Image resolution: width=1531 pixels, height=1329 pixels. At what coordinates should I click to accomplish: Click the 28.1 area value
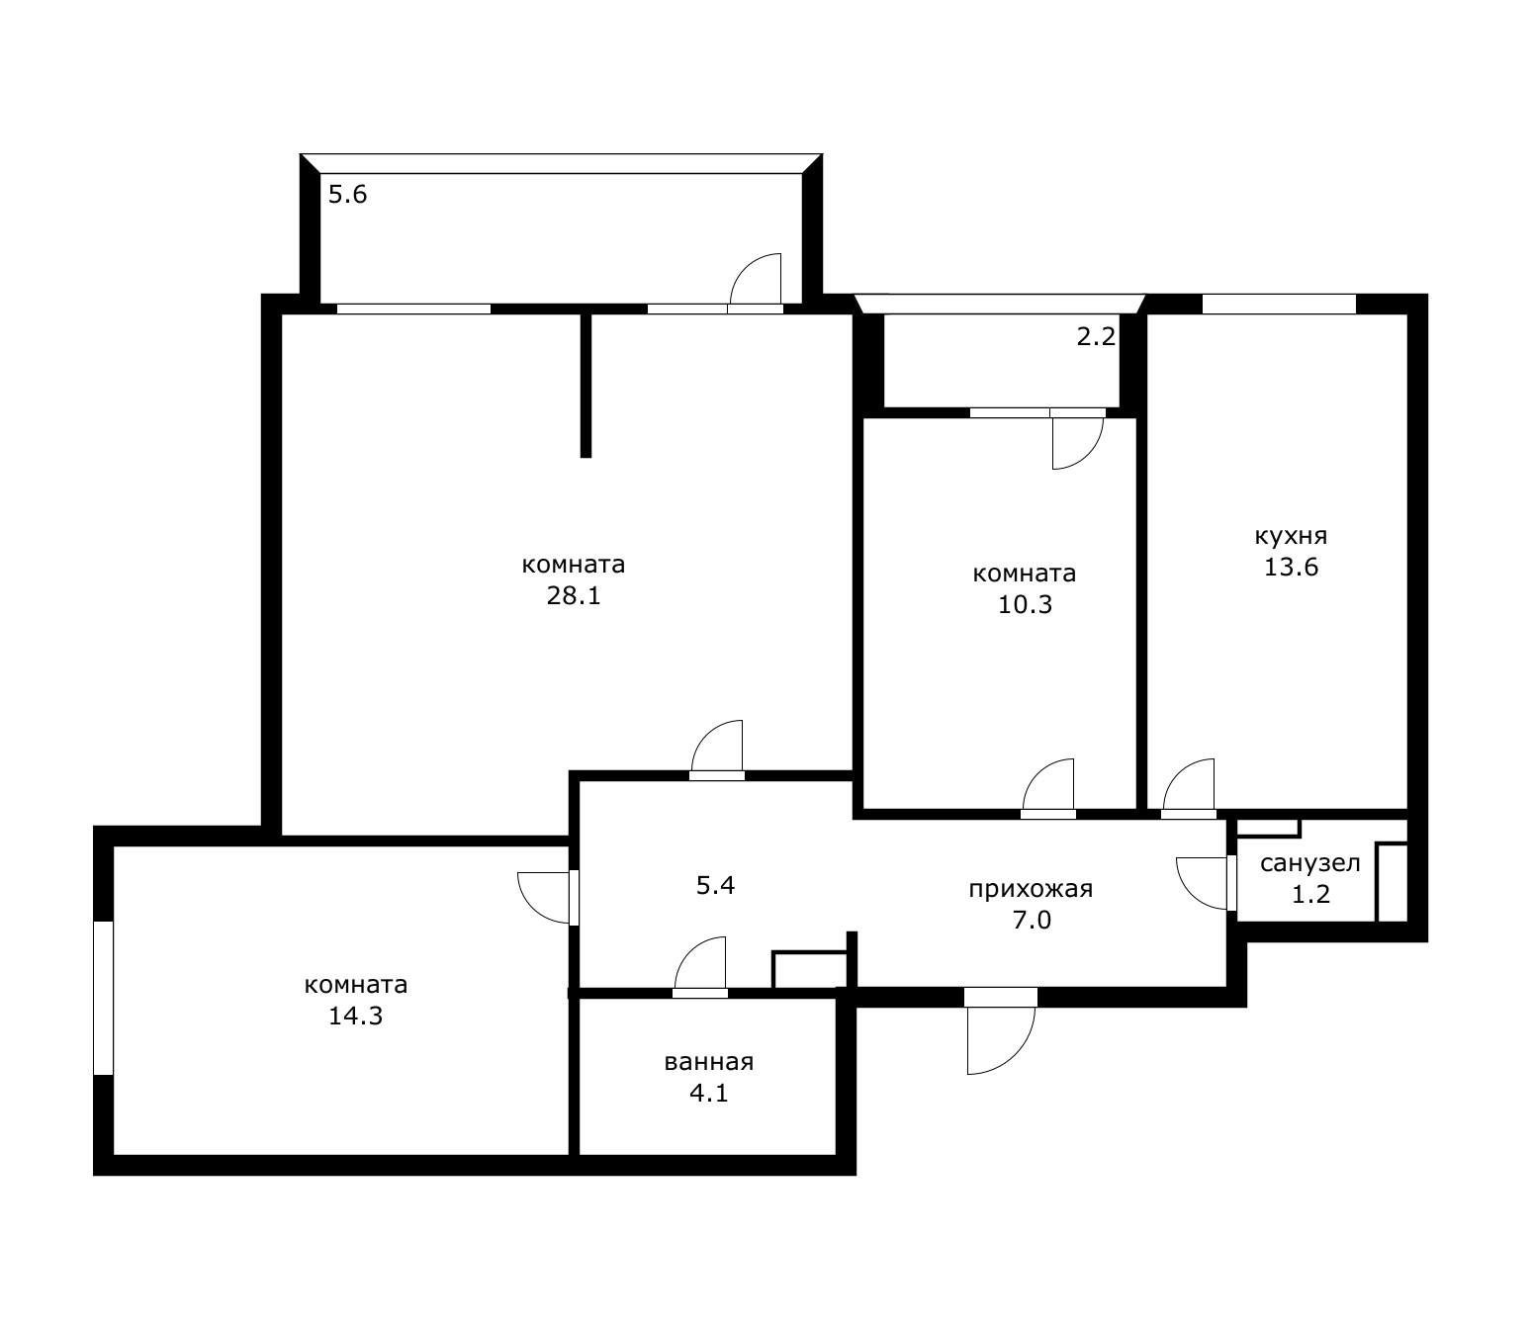(x=574, y=595)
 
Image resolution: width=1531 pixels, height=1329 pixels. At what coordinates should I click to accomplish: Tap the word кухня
(x=1291, y=536)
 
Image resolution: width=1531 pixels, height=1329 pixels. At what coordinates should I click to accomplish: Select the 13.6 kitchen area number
(x=1291, y=567)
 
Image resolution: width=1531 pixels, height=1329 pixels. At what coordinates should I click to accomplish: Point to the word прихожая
(x=1031, y=889)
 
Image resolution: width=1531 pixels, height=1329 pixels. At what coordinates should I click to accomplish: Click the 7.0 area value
(x=1032, y=920)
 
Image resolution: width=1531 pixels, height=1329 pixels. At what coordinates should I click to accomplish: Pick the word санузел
(x=1309, y=863)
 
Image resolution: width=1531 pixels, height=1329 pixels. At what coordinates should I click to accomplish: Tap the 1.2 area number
(x=1310, y=894)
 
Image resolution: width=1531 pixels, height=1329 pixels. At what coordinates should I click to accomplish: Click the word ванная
(x=708, y=1062)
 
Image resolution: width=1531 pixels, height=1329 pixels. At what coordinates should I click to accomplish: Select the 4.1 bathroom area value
(x=708, y=1094)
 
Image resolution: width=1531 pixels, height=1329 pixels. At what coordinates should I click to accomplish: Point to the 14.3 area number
(x=355, y=1016)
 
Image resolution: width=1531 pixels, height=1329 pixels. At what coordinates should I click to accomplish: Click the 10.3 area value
(x=1025, y=604)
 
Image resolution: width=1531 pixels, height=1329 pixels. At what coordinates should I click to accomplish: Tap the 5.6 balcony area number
(x=347, y=195)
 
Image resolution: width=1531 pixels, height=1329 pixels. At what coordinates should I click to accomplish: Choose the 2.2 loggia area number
(x=1096, y=336)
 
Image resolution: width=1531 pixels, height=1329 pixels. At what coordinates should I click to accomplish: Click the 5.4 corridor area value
(x=715, y=885)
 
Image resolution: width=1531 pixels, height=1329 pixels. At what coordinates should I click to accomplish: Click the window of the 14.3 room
(x=103, y=998)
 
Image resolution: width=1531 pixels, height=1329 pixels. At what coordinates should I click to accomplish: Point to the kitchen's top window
(x=1279, y=304)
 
